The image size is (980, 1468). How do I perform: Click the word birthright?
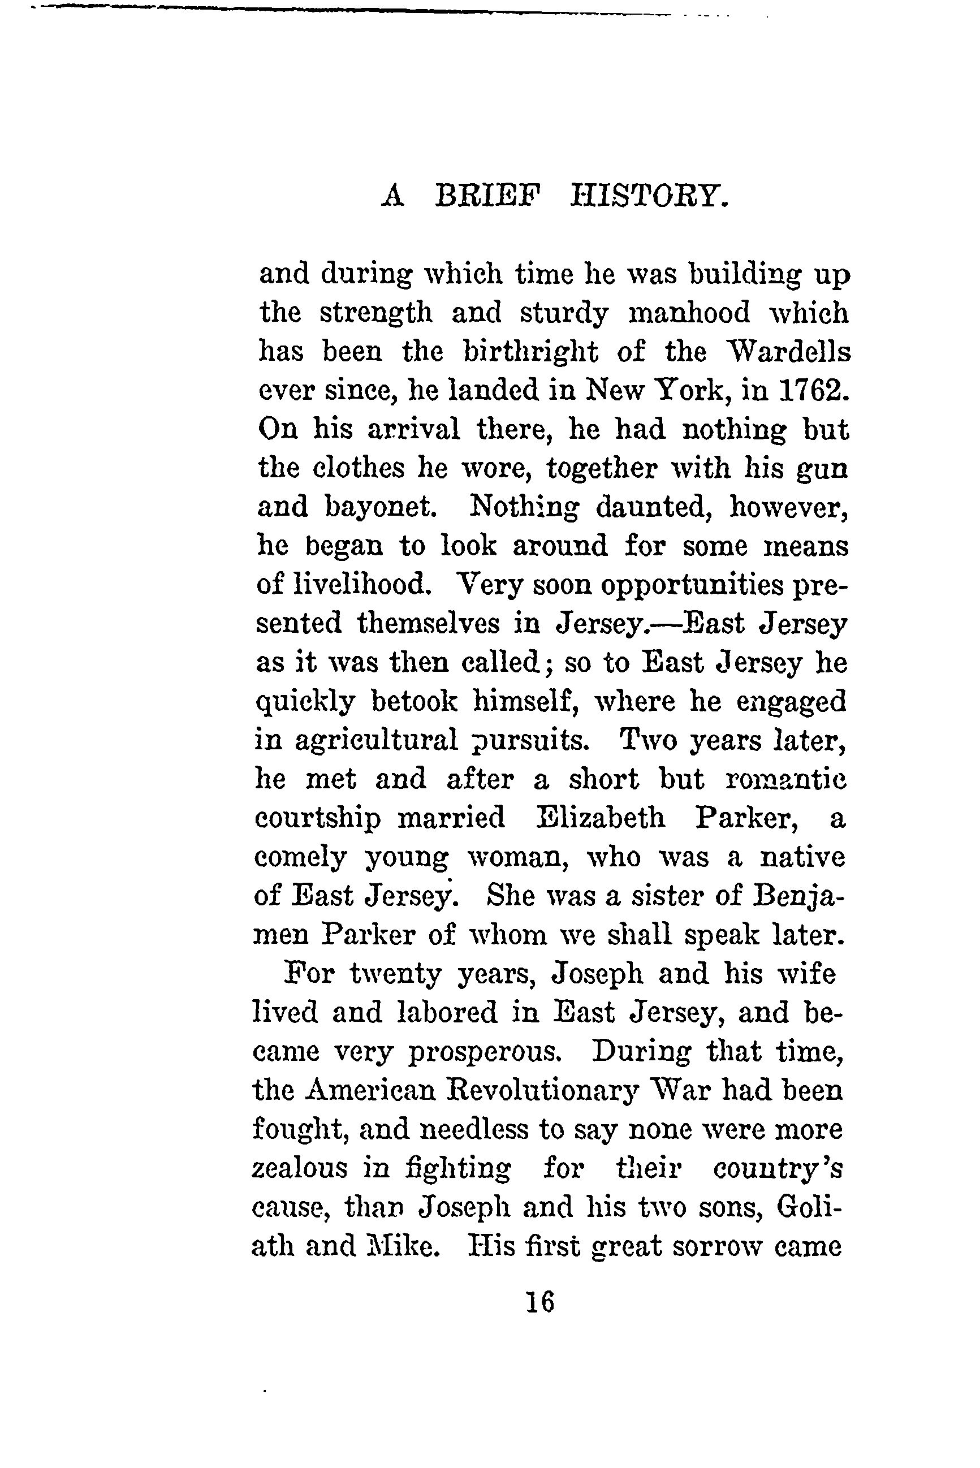coord(530,352)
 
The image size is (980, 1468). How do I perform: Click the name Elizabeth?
coord(601,818)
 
